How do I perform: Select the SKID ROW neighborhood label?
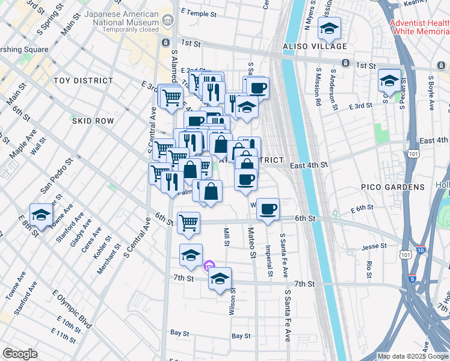pyautogui.click(x=93, y=121)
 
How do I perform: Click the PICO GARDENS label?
pyautogui.click(x=392, y=188)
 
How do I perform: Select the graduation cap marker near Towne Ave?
pyautogui.click(x=41, y=215)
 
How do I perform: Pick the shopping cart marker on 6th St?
pyautogui.click(x=189, y=223)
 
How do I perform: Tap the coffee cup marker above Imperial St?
pyautogui.click(x=268, y=209)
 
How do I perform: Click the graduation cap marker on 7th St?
pyautogui.click(x=220, y=279)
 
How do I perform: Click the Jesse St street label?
pyautogui.click(x=374, y=247)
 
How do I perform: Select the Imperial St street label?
pyautogui.click(x=270, y=263)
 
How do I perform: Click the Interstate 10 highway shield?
pyautogui.click(x=420, y=250)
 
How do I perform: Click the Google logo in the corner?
pyautogui.click(x=20, y=354)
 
